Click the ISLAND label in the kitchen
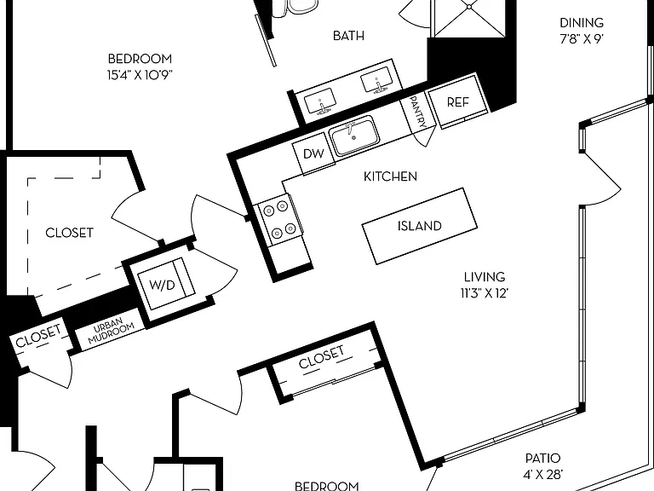pyautogui.click(x=419, y=226)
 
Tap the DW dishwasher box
pyautogui.click(x=313, y=154)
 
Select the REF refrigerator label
pyautogui.click(x=457, y=102)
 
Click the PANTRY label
pyautogui.click(x=418, y=112)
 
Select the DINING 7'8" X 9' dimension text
pyautogui.click(x=582, y=31)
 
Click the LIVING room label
pyautogui.click(x=485, y=277)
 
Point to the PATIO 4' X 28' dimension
pyautogui.click(x=542, y=466)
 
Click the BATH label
pyautogui.click(x=348, y=36)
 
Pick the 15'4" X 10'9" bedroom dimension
pyautogui.click(x=140, y=75)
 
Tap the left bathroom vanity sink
pyautogui.click(x=320, y=102)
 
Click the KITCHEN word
pyautogui.click(x=390, y=176)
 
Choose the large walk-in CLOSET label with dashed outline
pyautogui.click(x=69, y=233)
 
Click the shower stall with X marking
pyautogui.click(x=470, y=19)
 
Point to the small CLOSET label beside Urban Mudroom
pyautogui.click(x=38, y=337)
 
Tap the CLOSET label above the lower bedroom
pyautogui.click(x=322, y=357)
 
